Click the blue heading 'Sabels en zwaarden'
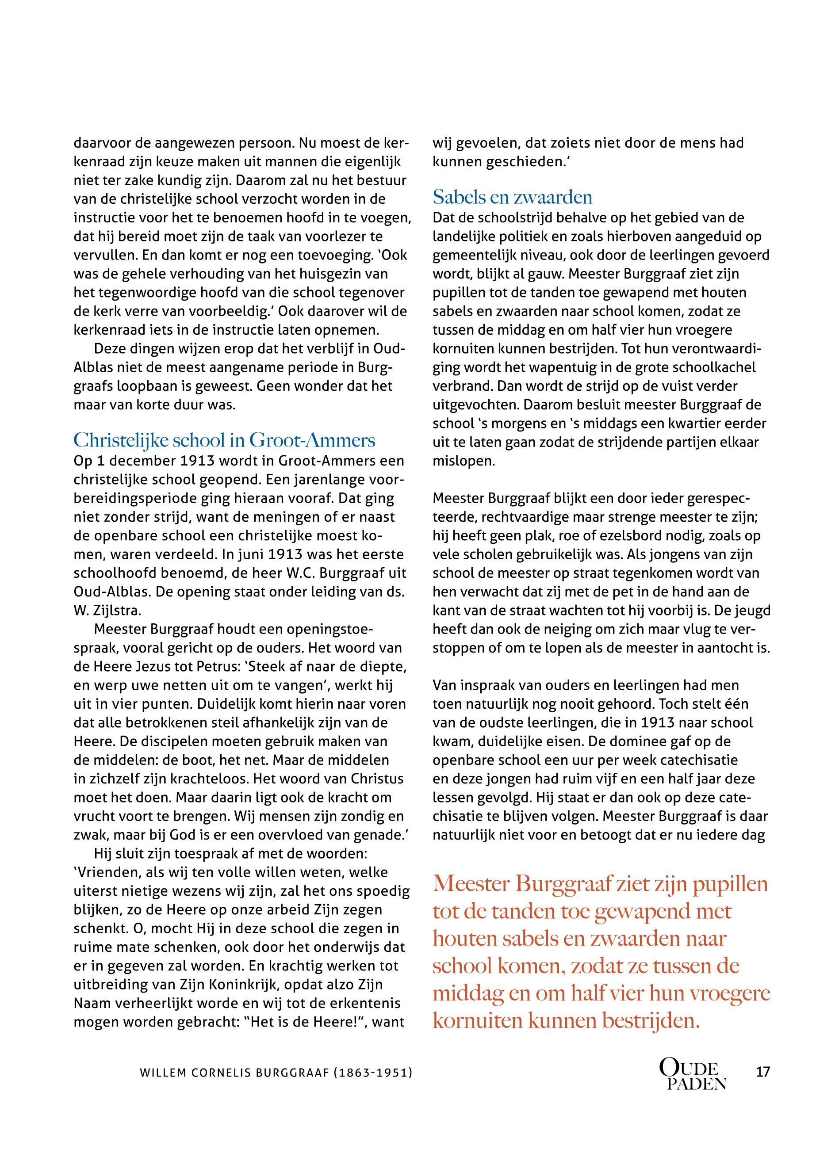click(x=512, y=197)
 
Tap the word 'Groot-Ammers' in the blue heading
click(x=312, y=440)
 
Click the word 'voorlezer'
click(x=334, y=237)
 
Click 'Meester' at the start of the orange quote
click(x=471, y=884)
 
